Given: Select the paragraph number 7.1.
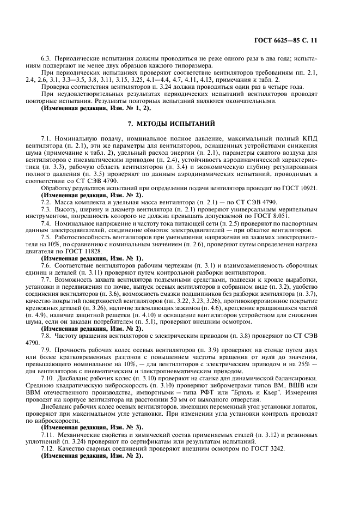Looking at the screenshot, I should point(47,139).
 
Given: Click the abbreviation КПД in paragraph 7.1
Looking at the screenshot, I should point(310,139).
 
